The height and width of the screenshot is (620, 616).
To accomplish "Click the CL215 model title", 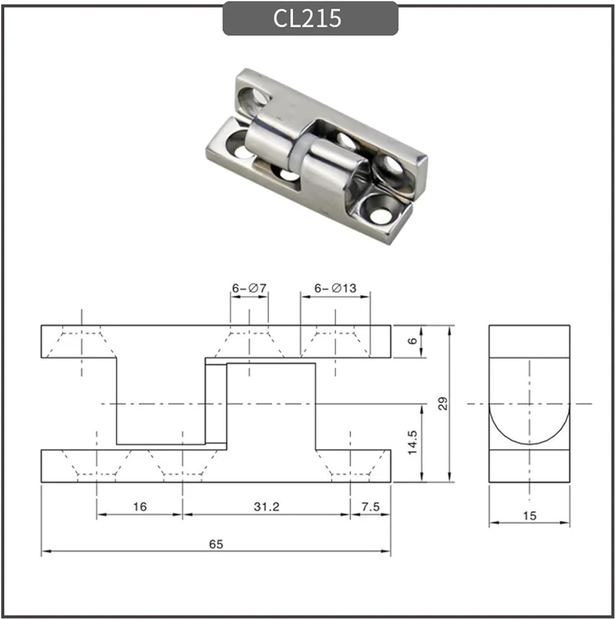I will tap(308, 19).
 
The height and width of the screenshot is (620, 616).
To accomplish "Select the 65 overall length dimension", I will tap(216, 544).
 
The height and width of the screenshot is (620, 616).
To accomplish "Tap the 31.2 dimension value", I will tap(266, 506).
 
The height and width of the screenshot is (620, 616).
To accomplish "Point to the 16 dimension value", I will tap(140, 506).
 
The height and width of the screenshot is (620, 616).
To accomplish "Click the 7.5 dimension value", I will tap(370, 506).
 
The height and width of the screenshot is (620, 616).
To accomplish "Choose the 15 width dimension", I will tap(529, 516).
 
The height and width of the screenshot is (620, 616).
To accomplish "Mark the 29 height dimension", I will tap(442, 403).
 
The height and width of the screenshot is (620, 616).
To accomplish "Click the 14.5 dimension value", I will tap(412, 442).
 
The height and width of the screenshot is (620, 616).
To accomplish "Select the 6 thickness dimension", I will tap(412, 341).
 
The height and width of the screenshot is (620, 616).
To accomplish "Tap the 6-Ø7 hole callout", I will tap(249, 288).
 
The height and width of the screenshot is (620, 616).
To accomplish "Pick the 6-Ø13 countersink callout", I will tap(335, 288).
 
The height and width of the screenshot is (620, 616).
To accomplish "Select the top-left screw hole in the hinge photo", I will tap(253, 99).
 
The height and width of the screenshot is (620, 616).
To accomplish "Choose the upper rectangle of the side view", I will tap(529, 341).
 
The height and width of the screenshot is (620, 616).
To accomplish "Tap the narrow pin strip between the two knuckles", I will tap(216, 403).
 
